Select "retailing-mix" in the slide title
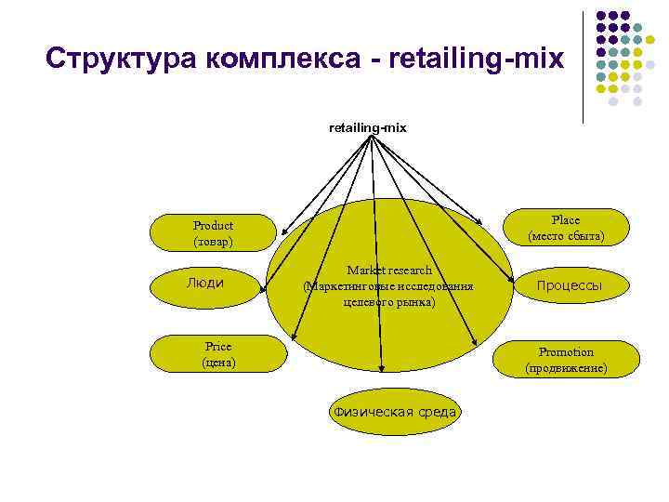[x=478, y=59]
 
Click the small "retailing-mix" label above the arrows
[x=368, y=126]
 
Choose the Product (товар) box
[x=214, y=233]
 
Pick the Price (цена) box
[x=219, y=353]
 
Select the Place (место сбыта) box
[x=565, y=229]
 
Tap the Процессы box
[x=570, y=284]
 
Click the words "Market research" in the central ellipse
[x=389, y=271]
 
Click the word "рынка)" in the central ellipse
[x=413, y=303]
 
